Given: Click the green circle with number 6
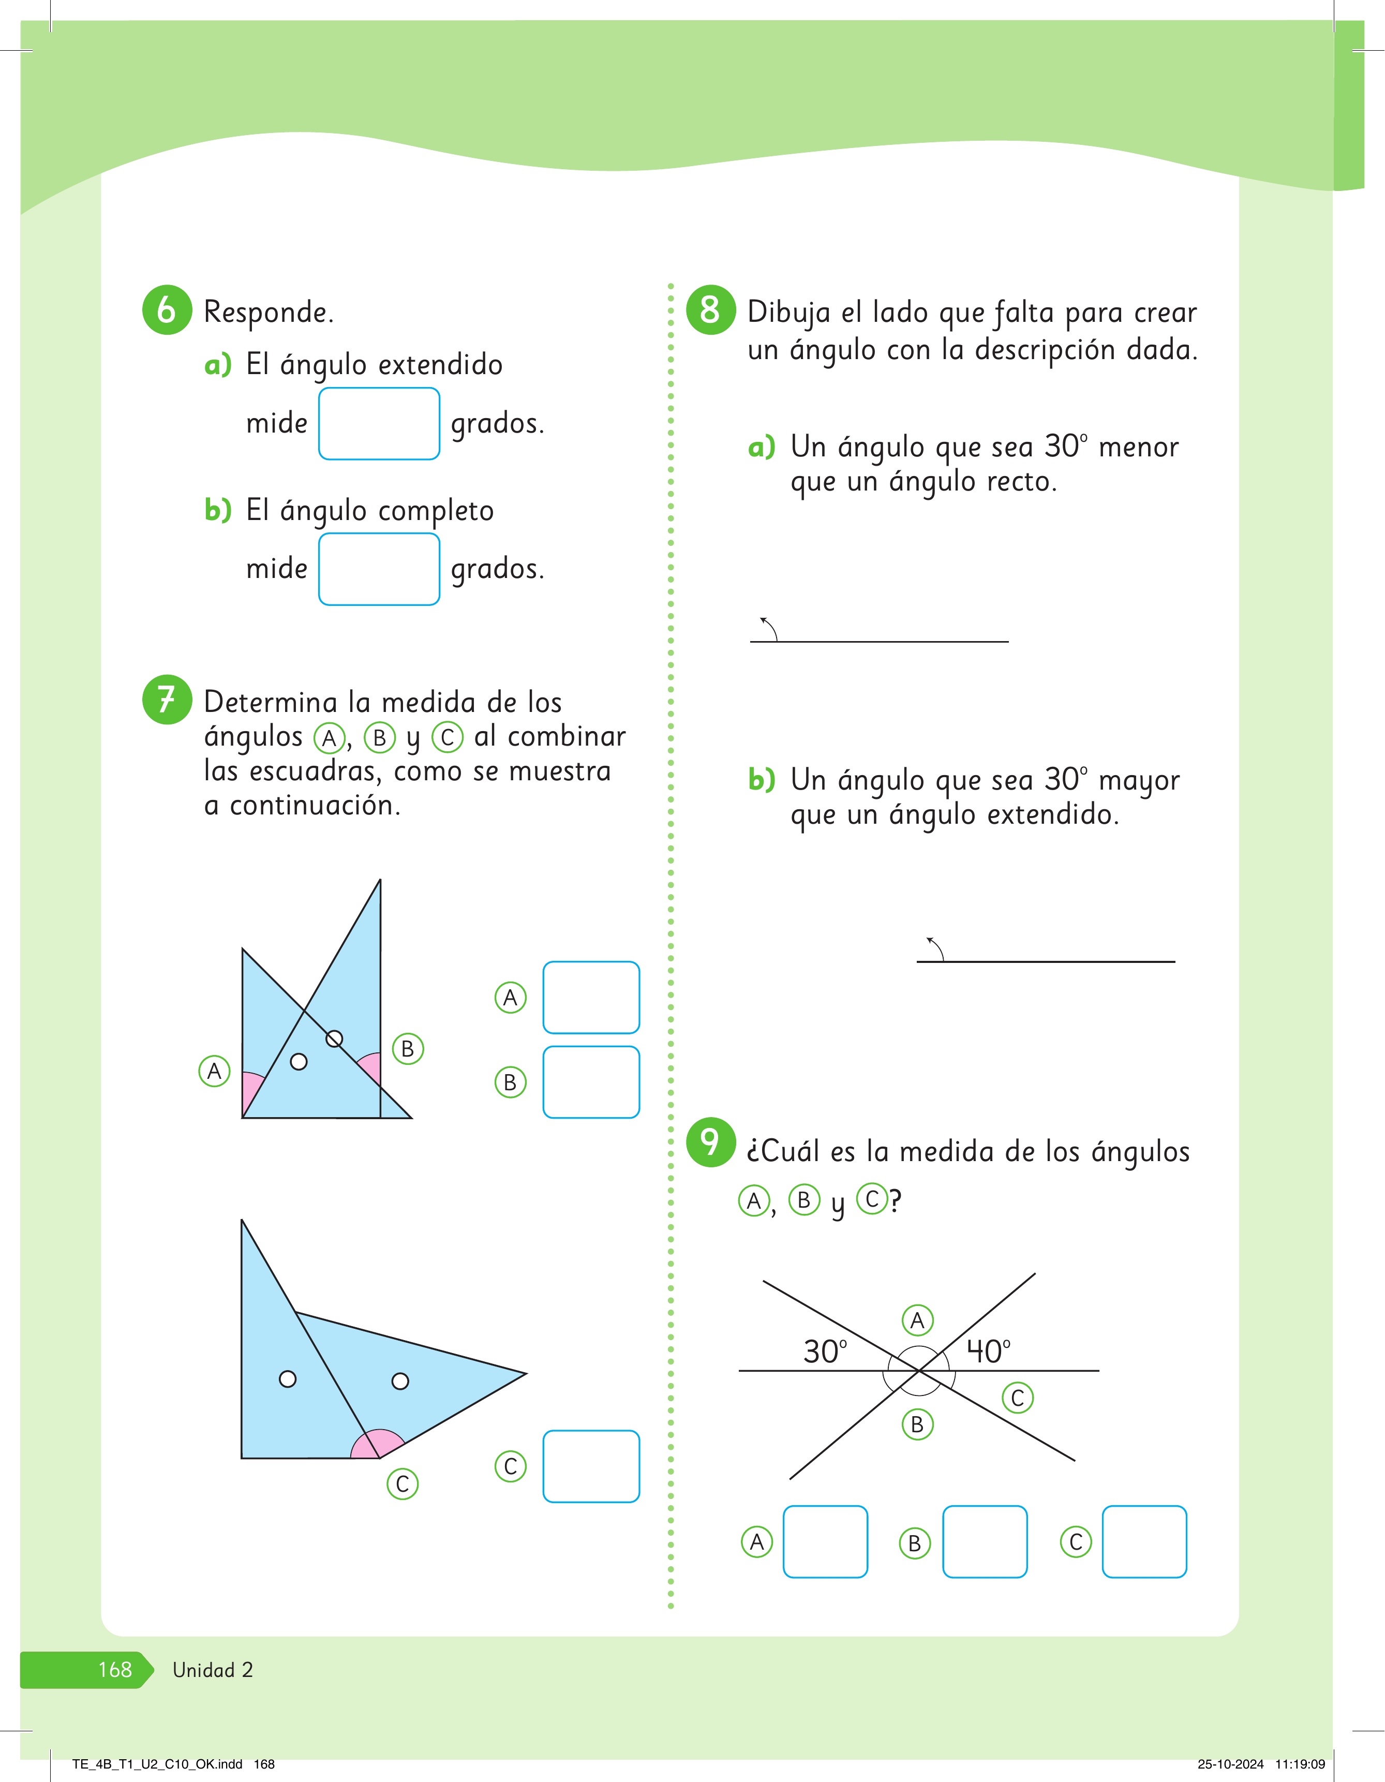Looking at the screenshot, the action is tap(167, 310).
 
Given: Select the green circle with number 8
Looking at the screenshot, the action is tap(710, 310).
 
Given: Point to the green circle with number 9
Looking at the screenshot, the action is tap(710, 1142).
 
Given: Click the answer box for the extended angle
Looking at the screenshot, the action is tap(379, 423).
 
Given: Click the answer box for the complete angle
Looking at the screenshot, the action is tap(379, 569).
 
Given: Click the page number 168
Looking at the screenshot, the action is tap(115, 1669).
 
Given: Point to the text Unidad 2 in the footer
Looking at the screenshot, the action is tap(213, 1669).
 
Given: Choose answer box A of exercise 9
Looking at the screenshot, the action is tap(825, 1541).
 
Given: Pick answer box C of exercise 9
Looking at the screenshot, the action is tap(1144, 1541).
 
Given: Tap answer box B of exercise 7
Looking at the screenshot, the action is tap(591, 1082).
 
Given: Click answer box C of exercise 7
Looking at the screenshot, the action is tap(591, 1466).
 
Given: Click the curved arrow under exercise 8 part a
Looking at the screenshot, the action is tap(769, 628).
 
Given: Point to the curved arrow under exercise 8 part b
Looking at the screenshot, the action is tap(935, 948).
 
